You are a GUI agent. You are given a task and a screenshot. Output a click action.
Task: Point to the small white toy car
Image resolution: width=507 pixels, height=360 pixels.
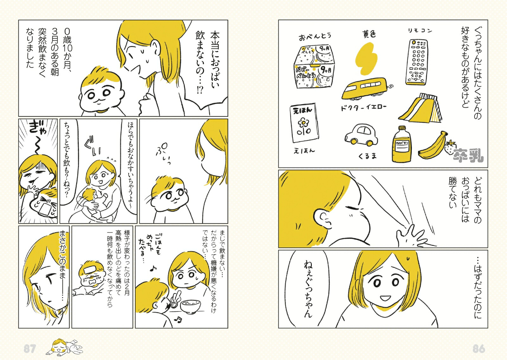pos(362,136)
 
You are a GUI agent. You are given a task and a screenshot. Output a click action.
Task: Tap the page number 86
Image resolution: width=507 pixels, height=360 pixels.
pos(479,349)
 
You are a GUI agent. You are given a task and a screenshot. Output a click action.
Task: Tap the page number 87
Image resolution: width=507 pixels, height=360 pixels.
pos(29,349)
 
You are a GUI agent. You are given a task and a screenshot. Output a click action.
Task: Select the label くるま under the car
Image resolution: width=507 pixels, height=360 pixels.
pos(368,156)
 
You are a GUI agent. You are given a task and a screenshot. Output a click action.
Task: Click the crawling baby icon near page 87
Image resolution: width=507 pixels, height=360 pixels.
pos(64,346)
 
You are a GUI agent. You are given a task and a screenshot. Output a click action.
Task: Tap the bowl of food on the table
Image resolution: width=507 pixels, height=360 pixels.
pos(190,305)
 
